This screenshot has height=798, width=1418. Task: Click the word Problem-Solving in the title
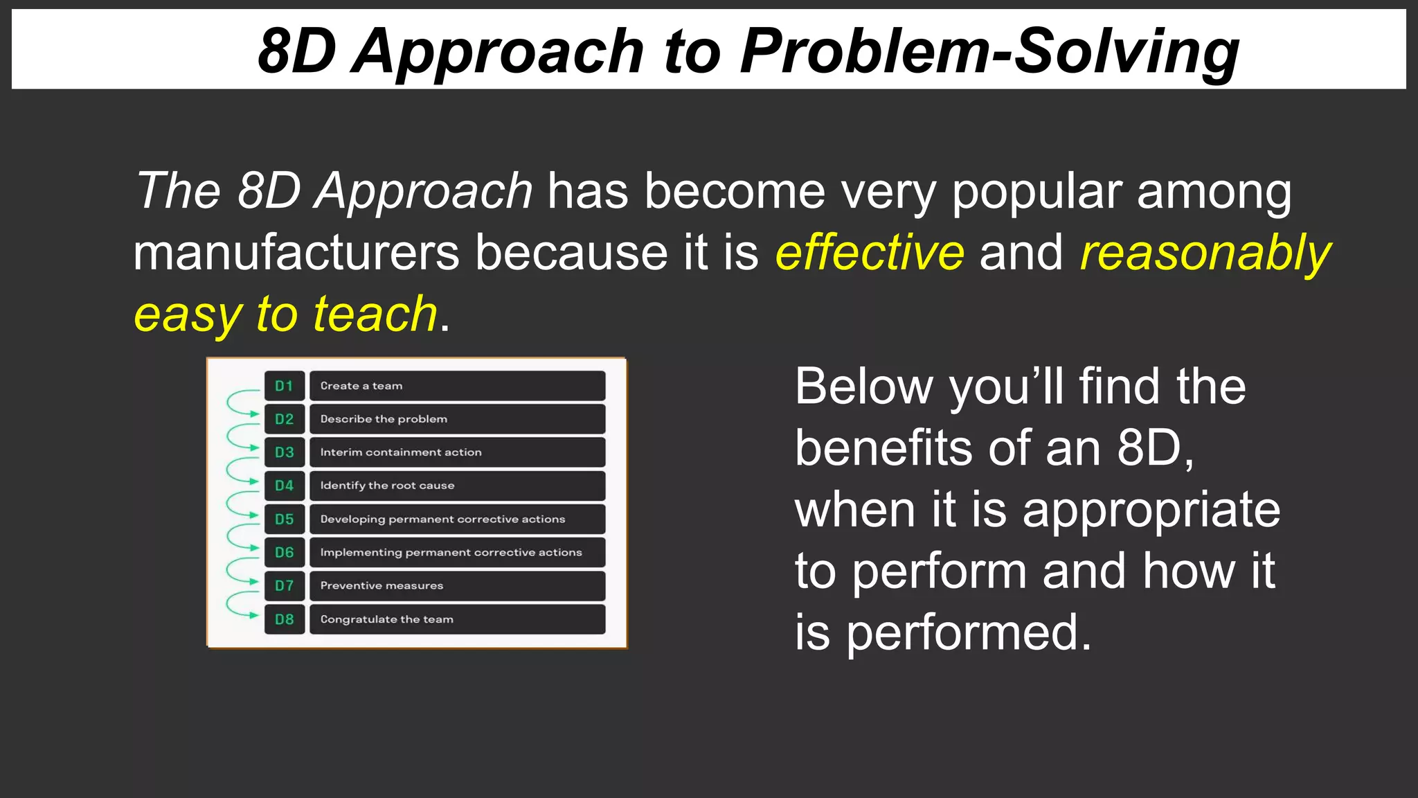pos(989,51)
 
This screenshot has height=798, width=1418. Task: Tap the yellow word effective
pos(870,253)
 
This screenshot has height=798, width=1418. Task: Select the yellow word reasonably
pos(1205,253)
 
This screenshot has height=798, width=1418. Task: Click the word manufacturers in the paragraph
pos(296,253)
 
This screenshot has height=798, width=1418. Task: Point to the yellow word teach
pos(375,314)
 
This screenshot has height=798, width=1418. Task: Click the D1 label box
pos(284,386)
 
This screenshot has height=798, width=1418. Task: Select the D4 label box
pos(284,486)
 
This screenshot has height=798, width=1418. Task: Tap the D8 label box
pos(284,619)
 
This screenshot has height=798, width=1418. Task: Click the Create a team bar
pos(457,386)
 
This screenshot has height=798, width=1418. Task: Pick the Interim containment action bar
pos(457,452)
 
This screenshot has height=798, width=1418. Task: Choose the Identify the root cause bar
pos(457,486)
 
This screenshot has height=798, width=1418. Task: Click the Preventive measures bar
pos(457,586)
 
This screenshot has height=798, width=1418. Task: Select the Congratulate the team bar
pos(457,619)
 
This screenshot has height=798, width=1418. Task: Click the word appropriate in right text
pos(1151,510)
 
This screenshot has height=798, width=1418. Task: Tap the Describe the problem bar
pos(457,419)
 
